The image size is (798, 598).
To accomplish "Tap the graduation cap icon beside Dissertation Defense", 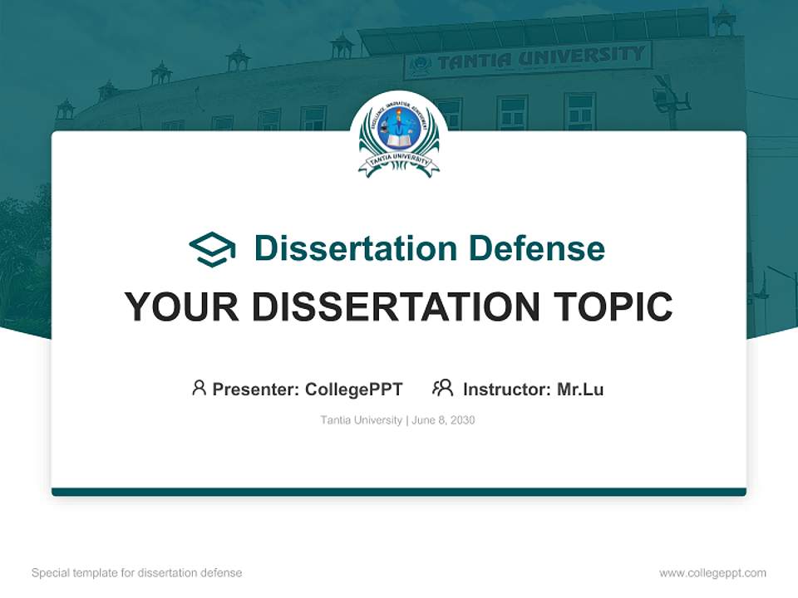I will (212, 249).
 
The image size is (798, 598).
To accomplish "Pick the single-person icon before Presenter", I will (199, 388).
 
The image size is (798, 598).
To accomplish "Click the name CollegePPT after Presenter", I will (354, 390).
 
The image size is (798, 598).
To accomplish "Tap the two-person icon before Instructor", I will (442, 388).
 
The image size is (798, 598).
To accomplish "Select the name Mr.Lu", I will (580, 390).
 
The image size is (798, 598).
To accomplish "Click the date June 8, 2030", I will (443, 420).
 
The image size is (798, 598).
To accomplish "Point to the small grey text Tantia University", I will (362, 420).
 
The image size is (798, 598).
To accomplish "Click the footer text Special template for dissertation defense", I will (137, 573).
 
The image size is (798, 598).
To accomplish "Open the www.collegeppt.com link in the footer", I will (712, 573).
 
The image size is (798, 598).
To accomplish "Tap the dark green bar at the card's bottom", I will (399, 492).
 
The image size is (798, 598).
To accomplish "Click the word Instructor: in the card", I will (507, 390).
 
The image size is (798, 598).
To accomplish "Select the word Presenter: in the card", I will (256, 390).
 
